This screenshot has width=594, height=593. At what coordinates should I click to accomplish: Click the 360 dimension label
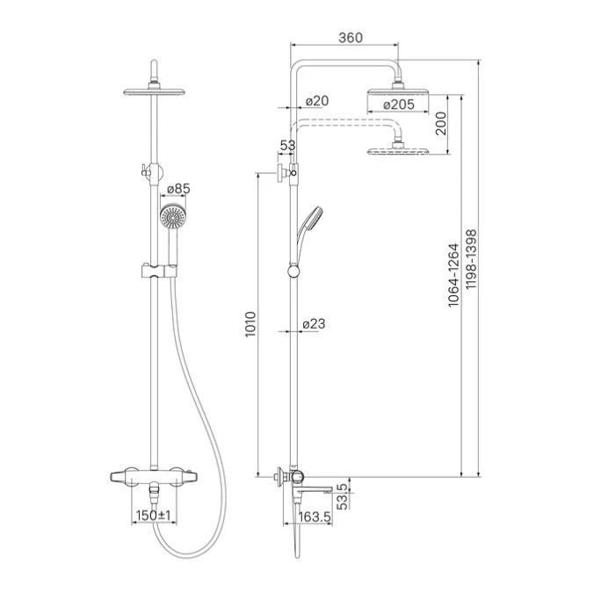click(x=351, y=38)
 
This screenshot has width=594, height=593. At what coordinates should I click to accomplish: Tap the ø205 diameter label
click(x=399, y=105)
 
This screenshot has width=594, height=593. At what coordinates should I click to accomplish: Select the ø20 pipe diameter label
click(x=317, y=101)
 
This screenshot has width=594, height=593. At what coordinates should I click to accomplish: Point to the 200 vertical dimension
click(x=440, y=124)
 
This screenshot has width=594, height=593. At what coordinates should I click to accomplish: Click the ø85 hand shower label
click(x=178, y=189)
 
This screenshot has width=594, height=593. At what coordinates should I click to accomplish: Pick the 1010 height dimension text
click(x=250, y=324)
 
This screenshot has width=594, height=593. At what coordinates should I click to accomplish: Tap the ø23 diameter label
click(x=314, y=324)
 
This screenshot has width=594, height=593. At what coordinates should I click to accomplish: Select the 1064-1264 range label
click(x=453, y=274)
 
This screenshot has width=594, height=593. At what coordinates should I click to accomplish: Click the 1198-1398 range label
click(x=471, y=259)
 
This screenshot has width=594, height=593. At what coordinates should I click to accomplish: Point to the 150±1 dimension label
click(x=154, y=515)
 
